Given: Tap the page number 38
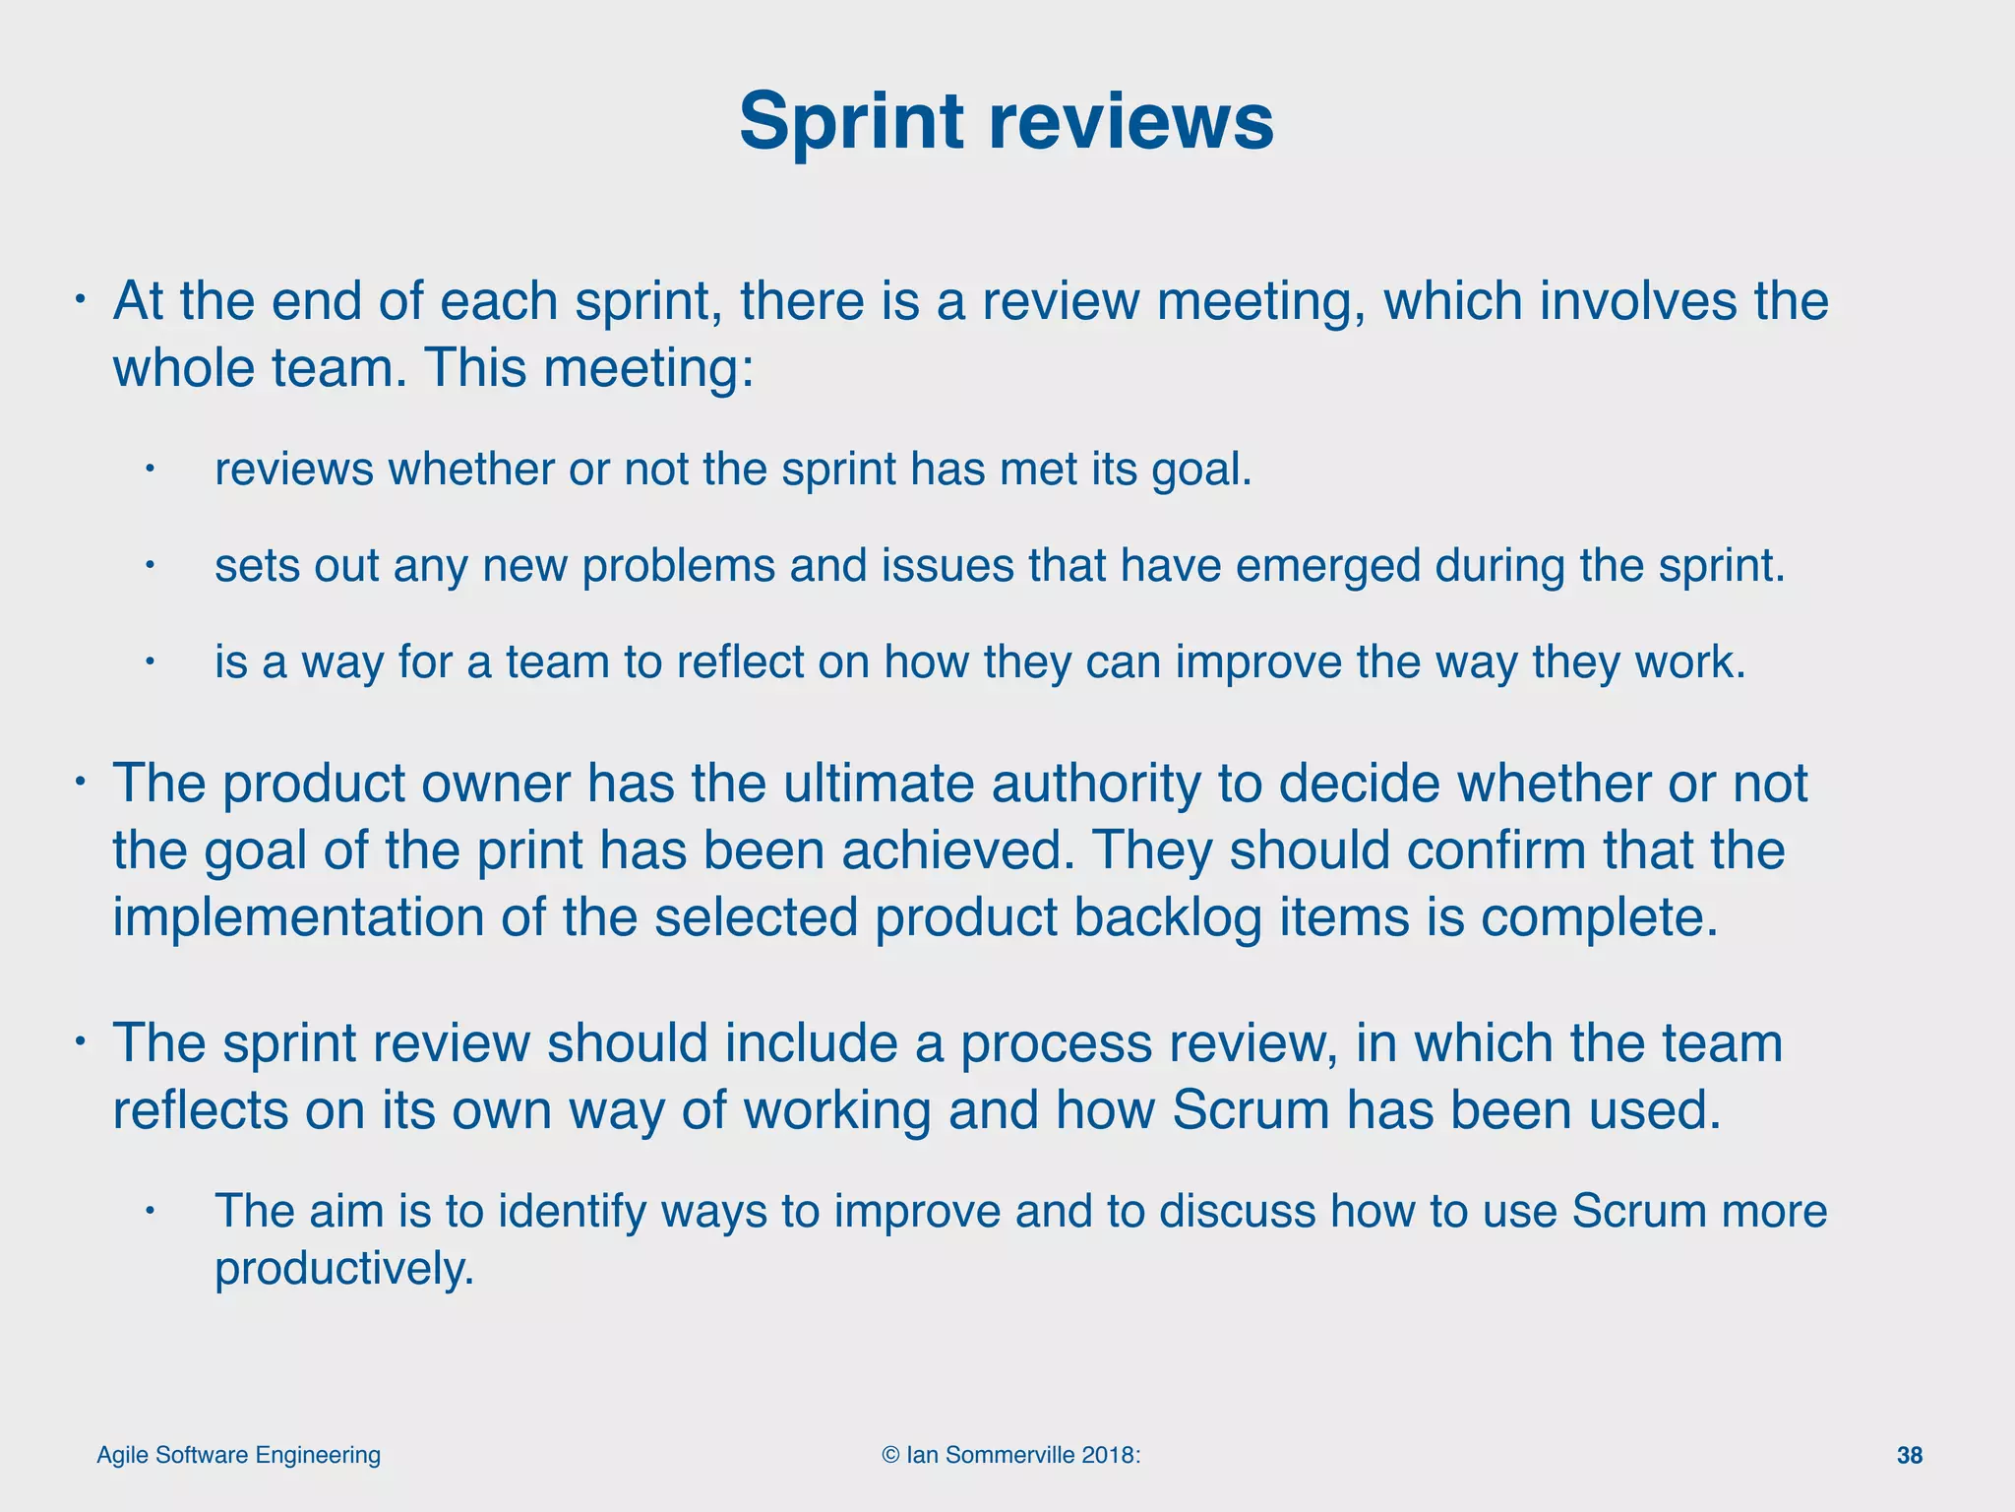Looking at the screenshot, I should pos(1909,1456).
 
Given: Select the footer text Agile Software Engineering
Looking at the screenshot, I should pos(238,1455).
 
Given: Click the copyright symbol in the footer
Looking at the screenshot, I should pos(890,1455).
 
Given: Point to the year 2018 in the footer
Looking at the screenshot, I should pos(1108,1455).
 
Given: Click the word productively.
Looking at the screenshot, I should pos(344,1269).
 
